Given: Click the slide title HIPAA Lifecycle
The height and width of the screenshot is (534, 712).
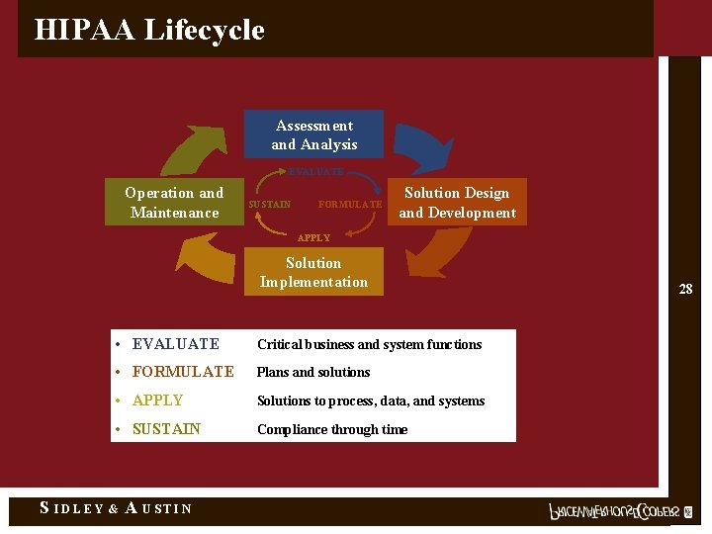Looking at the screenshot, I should (x=149, y=30).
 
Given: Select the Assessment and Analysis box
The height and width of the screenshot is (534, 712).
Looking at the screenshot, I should (x=314, y=134).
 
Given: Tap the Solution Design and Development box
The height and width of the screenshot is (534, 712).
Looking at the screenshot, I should (x=457, y=203).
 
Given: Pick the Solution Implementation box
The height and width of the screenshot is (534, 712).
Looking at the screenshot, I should (x=313, y=272).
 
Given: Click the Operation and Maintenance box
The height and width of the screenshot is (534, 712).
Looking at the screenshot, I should (x=174, y=203).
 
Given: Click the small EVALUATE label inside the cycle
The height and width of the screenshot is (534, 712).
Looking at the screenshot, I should (x=315, y=172).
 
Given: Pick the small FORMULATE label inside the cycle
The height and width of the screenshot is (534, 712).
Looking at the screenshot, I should (x=349, y=205).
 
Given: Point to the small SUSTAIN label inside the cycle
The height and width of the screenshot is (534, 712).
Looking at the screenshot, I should (x=269, y=205).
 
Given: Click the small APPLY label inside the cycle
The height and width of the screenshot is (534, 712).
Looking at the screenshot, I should (x=313, y=238).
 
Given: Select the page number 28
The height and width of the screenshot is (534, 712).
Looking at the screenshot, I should (x=685, y=289).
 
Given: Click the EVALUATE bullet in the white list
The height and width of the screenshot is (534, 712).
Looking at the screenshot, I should (x=175, y=344).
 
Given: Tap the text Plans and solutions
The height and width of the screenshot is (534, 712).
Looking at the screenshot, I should (x=313, y=373).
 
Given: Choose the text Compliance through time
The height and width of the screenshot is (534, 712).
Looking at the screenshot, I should (x=332, y=429).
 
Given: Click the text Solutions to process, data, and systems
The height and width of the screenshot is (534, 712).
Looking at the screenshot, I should (x=371, y=400).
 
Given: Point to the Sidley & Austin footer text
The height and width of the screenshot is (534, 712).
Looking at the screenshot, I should (x=115, y=508).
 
